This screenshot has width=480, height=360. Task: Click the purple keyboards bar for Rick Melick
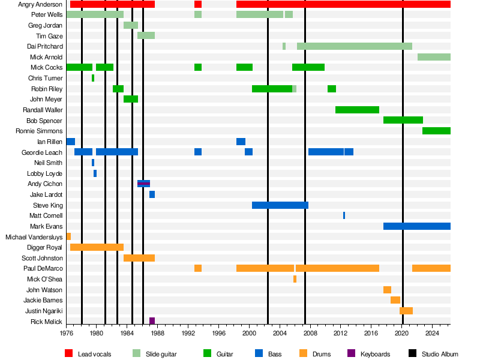pos(152,321)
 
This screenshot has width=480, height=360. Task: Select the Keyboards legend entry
pos(375,355)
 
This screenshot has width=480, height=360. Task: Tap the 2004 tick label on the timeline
pos(280,332)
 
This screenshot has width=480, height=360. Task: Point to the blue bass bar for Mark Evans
pos(416,226)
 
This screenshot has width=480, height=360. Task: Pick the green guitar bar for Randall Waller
pos(357,110)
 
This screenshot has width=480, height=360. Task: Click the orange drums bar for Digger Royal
pos(97,247)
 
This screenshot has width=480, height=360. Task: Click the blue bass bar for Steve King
pos(280,205)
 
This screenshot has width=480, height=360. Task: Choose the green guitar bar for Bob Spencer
pos(403,120)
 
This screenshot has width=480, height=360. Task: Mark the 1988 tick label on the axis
pos(157,332)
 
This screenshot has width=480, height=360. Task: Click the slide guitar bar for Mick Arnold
pos(434,57)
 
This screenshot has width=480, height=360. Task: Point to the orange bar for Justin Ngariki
pos(406,311)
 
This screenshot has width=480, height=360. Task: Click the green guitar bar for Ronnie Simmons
pos(436,131)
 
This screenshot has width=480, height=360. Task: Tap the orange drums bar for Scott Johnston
pos(139,258)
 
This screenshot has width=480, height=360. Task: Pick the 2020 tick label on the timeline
pos(402,332)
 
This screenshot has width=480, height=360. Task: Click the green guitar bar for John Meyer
pos(130,99)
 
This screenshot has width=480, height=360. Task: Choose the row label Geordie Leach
pos(42,152)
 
